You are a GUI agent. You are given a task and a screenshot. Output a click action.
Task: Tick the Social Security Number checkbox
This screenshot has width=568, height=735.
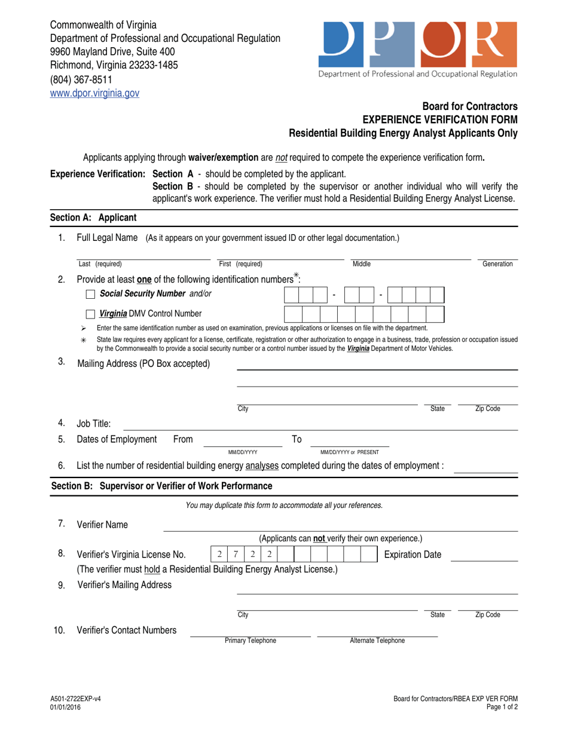[90, 293]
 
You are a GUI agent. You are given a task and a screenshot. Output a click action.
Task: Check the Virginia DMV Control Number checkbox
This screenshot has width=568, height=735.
[90, 314]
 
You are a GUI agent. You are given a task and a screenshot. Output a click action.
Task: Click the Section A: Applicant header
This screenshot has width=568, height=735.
[93, 218]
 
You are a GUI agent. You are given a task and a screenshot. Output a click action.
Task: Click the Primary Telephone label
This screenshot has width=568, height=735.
[251, 641]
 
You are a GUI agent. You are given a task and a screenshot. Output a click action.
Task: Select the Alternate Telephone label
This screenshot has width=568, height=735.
[377, 641]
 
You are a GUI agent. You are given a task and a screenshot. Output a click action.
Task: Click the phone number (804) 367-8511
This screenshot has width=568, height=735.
[81, 79]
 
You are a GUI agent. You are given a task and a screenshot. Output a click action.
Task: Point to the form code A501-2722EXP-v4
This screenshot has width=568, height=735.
[76, 699]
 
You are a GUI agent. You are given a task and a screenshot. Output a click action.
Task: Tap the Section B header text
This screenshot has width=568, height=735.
[161, 485]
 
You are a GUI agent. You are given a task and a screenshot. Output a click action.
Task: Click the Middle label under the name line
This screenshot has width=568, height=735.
[362, 264]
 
